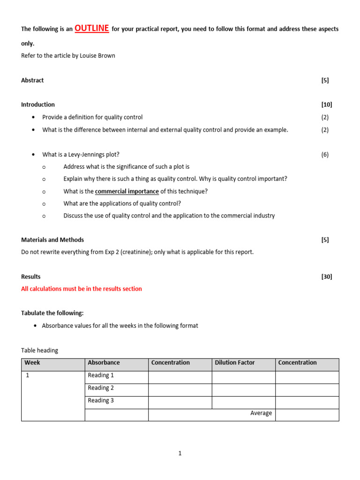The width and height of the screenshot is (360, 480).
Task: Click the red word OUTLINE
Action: pyautogui.click(x=91, y=29)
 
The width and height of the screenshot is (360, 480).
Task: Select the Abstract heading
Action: pyautogui.click(x=32, y=80)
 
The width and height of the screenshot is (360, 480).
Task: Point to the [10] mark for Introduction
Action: pyautogui.click(x=326, y=105)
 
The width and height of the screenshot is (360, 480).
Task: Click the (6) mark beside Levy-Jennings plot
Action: pyautogui.click(x=325, y=154)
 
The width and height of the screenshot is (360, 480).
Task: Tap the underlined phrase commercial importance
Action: pyautogui.click(x=127, y=191)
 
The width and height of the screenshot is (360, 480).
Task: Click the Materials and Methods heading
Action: pyautogui.click(x=52, y=240)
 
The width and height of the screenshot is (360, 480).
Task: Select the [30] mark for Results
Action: pyautogui.click(x=326, y=277)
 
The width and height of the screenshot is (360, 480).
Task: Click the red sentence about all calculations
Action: pyautogui.click(x=82, y=289)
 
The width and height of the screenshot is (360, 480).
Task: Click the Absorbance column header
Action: pyautogui.click(x=104, y=363)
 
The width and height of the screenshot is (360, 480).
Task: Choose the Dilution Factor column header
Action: pyautogui.click(x=234, y=363)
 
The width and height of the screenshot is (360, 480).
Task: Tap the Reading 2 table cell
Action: pyautogui.click(x=101, y=388)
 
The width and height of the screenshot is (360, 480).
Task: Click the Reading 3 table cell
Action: pyautogui.click(x=101, y=401)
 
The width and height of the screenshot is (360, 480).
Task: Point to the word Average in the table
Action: pyautogui.click(x=261, y=413)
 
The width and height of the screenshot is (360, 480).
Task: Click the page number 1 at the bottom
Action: pyautogui.click(x=180, y=453)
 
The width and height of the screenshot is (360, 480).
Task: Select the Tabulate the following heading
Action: pyautogui.click(x=52, y=313)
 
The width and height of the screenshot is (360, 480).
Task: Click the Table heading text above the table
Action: pyautogui.click(x=40, y=350)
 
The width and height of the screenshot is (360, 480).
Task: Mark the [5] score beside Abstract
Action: pyautogui.click(x=325, y=80)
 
